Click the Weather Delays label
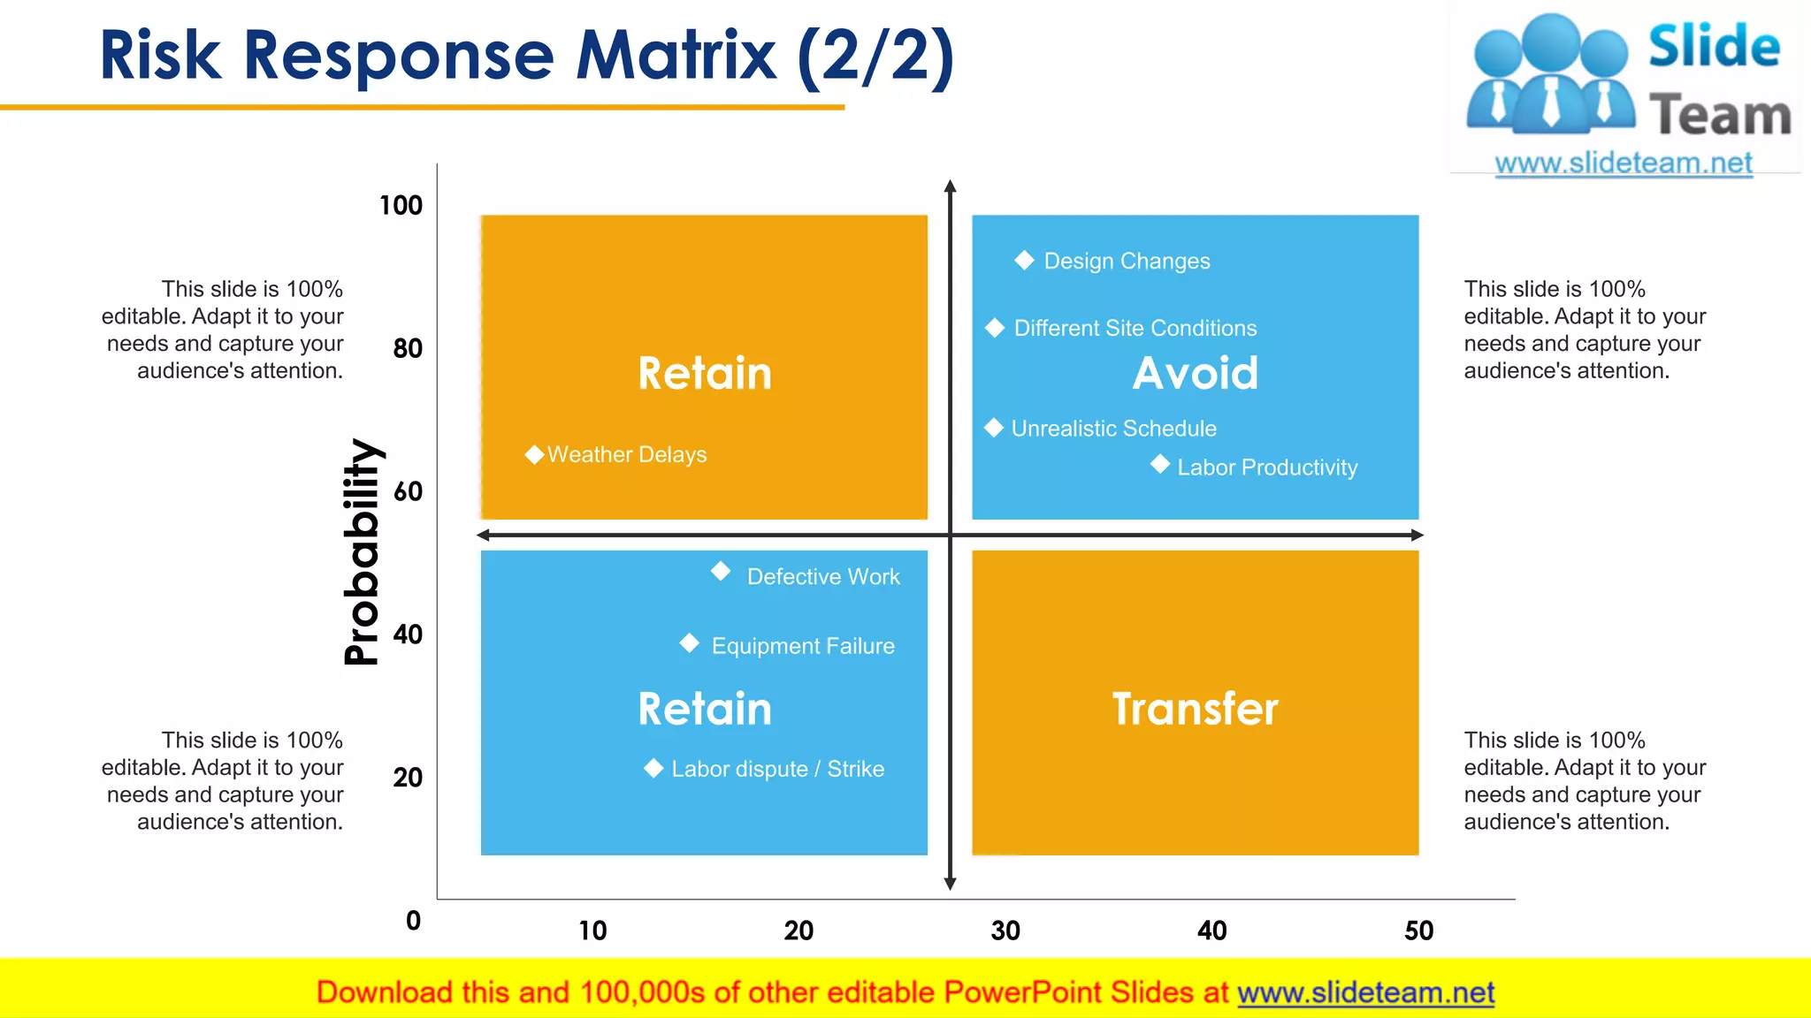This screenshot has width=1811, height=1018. point(626,454)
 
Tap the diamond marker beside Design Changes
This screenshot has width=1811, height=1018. point(1024,260)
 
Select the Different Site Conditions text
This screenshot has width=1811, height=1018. point(1135,328)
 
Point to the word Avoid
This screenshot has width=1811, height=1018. point(1195,373)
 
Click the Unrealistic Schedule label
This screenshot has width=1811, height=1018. point(1113,429)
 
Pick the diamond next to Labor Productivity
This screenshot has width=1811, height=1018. point(1160,464)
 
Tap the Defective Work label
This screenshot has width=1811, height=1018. point(822,576)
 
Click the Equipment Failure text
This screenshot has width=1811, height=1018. point(802,646)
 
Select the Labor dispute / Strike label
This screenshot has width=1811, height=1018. point(777,769)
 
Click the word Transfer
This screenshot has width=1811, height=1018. point(1195,709)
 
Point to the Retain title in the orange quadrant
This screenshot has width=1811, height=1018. point(705,373)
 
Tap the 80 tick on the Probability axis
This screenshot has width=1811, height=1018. point(408,348)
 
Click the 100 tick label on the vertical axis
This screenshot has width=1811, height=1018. point(401,205)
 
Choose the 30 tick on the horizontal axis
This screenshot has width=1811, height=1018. point(1005,931)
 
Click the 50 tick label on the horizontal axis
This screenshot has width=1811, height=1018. point(1418,931)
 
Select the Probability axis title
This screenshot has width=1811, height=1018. point(361,551)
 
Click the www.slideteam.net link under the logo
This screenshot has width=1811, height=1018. point(1623,163)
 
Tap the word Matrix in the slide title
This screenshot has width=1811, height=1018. point(676,55)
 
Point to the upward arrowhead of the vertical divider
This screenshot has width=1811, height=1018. point(950,186)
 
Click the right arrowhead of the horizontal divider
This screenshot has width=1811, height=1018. point(1417,535)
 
